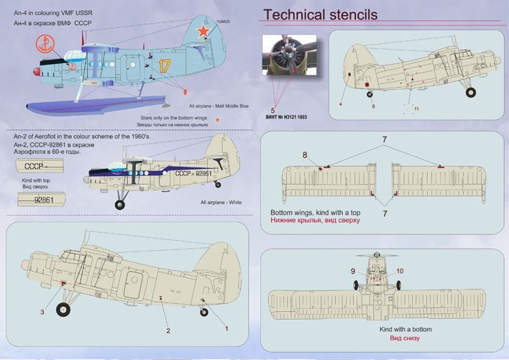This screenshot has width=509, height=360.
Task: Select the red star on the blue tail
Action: coord(204,31)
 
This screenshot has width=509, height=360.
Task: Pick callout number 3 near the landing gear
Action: coord(42,312)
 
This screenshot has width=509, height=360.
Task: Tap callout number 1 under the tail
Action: coord(226,328)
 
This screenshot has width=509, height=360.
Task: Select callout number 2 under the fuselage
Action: coord(168,331)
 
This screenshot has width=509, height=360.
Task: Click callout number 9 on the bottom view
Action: coord(353,271)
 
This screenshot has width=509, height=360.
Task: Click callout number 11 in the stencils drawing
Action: coord(416,109)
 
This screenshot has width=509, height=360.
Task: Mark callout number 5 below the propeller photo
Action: coord(272,109)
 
